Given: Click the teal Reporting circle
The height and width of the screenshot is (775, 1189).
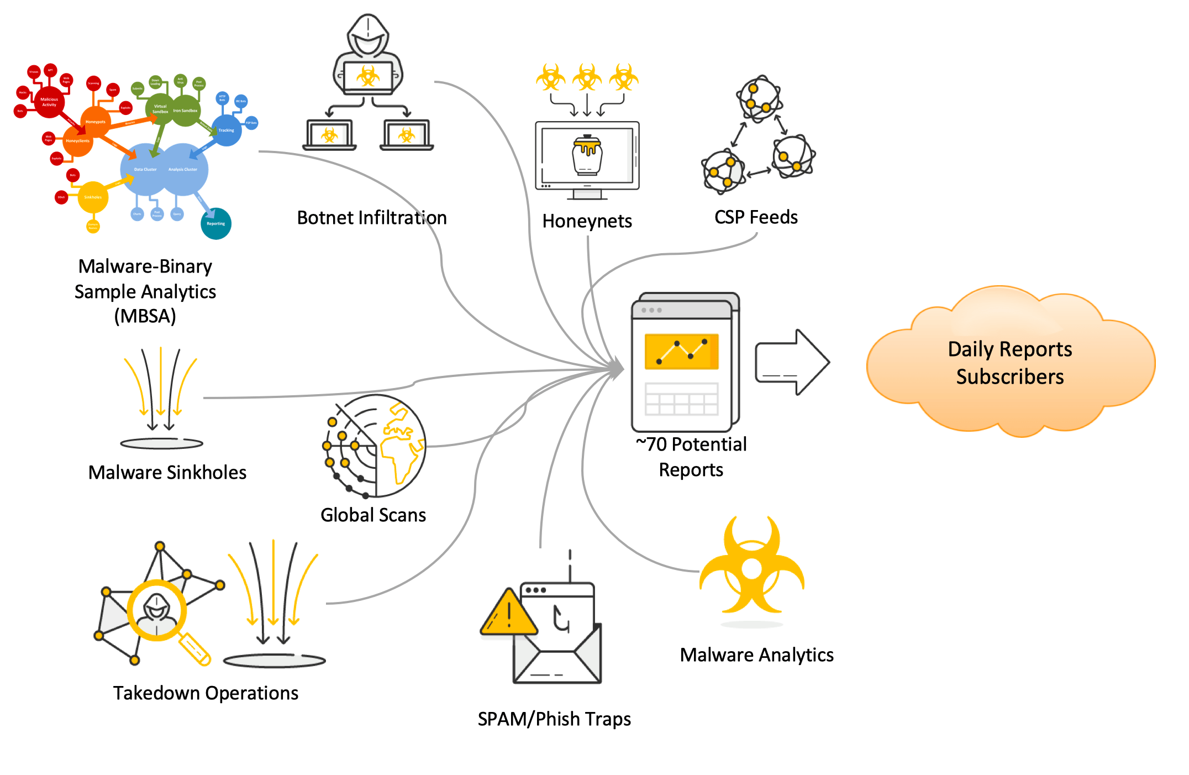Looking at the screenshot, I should click(215, 223).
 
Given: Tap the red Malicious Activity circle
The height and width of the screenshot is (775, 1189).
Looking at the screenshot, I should click(49, 102).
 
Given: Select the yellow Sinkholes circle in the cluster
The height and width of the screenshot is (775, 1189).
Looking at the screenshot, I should click(93, 197).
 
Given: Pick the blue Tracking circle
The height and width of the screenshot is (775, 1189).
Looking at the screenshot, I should click(226, 130).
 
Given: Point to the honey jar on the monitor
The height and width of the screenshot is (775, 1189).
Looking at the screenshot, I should click(587, 155).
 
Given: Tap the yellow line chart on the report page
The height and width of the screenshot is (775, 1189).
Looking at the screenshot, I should click(681, 351).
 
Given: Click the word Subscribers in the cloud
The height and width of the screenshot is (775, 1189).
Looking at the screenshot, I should click(1009, 376).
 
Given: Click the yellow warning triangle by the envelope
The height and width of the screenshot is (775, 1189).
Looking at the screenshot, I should click(508, 614).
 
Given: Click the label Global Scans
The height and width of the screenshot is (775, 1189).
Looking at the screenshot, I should click(373, 515).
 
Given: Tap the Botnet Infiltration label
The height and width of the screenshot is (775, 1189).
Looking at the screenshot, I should click(371, 218).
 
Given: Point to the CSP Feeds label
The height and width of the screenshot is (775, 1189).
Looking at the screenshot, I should click(755, 217).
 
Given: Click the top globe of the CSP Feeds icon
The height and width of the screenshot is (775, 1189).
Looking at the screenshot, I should click(759, 98).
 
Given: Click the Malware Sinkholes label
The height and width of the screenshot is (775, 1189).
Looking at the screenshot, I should click(167, 472).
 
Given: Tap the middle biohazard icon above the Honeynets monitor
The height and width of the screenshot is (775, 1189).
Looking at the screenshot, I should click(587, 77).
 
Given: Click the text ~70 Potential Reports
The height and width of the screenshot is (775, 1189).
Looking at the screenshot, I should click(691, 457).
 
